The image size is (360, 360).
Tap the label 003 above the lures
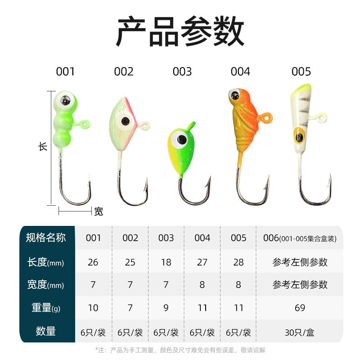coord(182,72)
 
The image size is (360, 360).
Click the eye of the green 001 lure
coord(65,100)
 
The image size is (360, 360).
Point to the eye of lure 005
coord(298,135)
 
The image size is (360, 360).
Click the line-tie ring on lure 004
coord(268,117)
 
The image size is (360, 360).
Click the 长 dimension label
coord(43,146)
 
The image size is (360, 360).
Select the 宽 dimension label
coord(99,211)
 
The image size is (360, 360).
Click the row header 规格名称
coord(46,238)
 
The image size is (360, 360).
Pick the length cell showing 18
coord(166,262)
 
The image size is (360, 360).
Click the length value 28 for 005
coord(238,262)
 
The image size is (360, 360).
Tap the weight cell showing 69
coord(300,308)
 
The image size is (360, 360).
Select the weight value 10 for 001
coord(93,308)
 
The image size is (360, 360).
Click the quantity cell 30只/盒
coord(300,333)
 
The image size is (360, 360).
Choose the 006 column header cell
coord(300,238)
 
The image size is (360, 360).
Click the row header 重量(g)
coord(46,308)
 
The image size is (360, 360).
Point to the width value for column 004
coord(202,285)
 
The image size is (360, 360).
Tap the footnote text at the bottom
coord(180,350)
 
